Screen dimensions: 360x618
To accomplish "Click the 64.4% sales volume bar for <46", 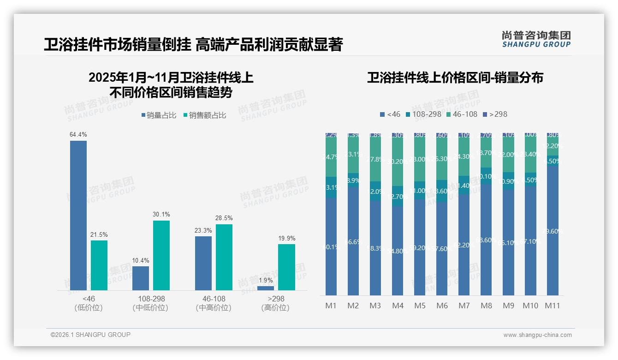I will (x=78, y=215).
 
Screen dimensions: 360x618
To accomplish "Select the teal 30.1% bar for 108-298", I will (x=161, y=255).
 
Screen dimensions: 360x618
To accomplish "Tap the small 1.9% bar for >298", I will (x=265, y=288).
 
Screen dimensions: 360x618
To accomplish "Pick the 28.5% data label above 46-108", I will (x=224, y=218).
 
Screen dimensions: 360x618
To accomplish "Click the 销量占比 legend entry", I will (x=158, y=115).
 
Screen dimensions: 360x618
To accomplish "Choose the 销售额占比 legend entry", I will (x=204, y=115).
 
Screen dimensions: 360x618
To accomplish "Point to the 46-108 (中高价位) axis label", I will (x=213, y=303).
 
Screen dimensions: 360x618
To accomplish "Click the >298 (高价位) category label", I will (x=276, y=303).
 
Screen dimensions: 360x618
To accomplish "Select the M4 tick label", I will (x=398, y=306).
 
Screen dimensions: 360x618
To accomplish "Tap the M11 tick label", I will (x=552, y=306).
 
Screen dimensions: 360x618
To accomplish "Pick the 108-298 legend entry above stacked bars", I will (x=423, y=114).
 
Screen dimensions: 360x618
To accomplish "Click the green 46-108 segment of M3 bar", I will (x=375, y=159).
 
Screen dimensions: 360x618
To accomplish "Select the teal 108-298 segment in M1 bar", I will (x=331, y=187).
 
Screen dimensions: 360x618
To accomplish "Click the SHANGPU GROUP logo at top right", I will (x=536, y=39).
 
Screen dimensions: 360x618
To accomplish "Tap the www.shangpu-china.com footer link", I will (x=537, y=335).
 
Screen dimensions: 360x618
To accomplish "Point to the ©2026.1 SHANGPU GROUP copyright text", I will (x=90, y=335).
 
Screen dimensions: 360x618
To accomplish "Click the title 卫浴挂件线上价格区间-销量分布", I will (x=455, y=78).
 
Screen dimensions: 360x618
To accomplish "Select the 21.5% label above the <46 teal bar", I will (x=99, y=235).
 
